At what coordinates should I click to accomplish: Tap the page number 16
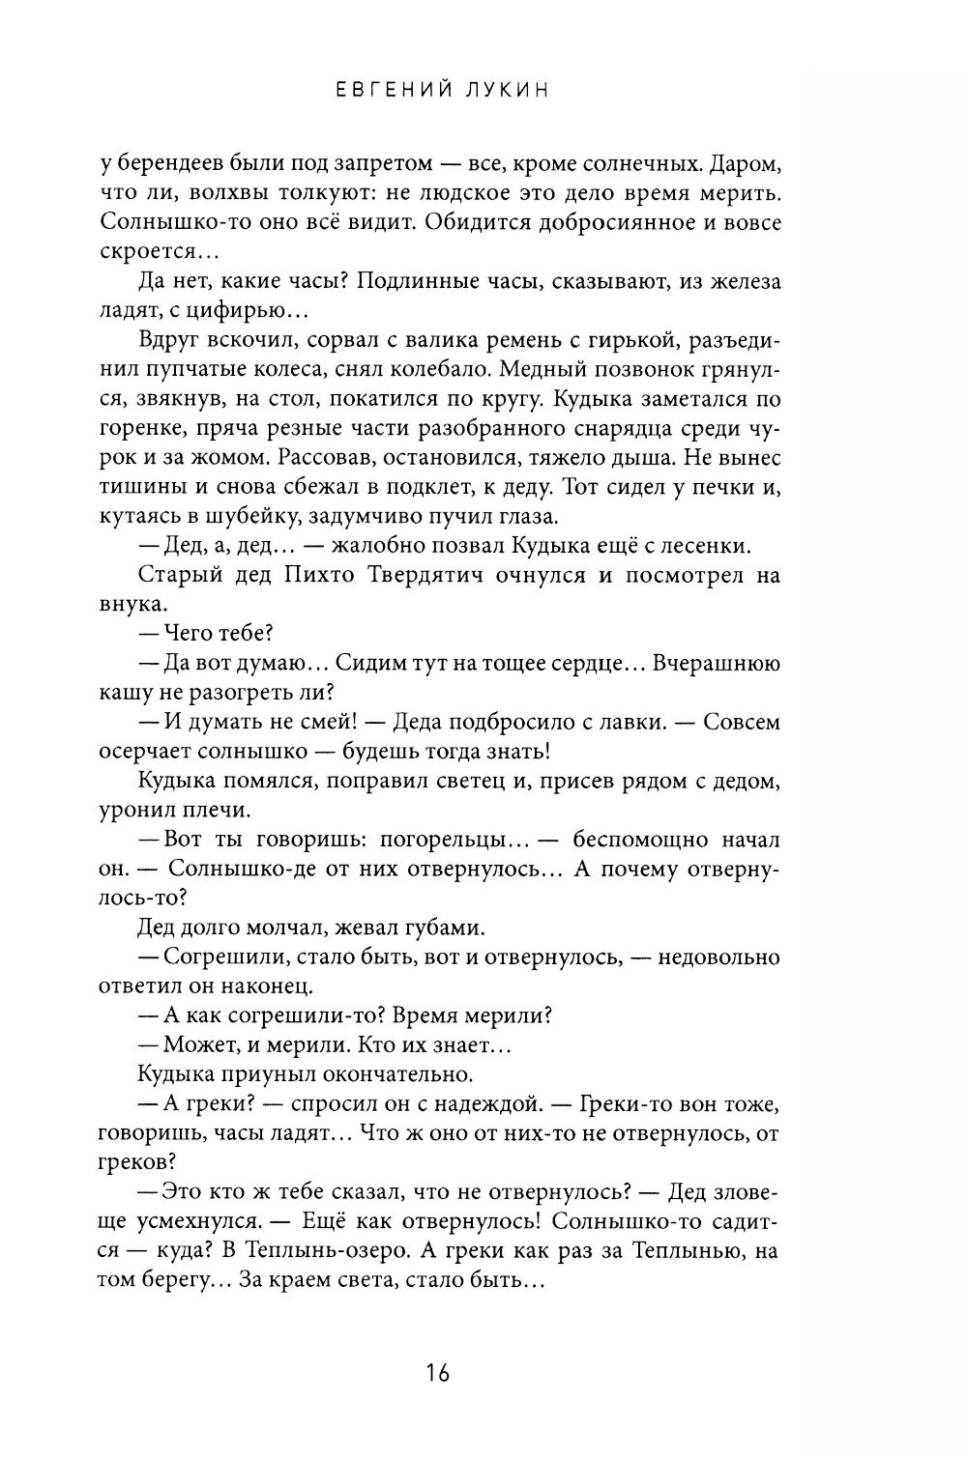click(437, 1372)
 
